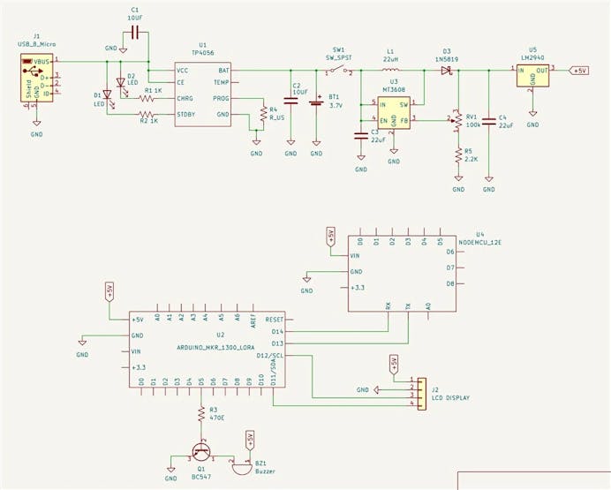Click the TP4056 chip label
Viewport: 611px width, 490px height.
[x=201, y=52]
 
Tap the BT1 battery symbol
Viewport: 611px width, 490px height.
[x=317, y=101]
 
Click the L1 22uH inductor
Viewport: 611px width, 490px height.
[x=389, y=68]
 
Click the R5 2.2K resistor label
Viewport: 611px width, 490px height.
[x=470, y=155]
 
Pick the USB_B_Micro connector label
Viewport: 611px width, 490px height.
[x=36, y=42]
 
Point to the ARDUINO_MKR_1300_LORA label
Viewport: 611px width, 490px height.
[x=210, y=347]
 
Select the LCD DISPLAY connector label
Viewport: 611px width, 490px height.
[x=449, y=398]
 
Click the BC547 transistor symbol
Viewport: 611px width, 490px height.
[x=203, y=449]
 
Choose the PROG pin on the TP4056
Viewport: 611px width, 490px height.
[x=222, y=99]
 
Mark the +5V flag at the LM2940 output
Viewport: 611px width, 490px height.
[x=578, y=70]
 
